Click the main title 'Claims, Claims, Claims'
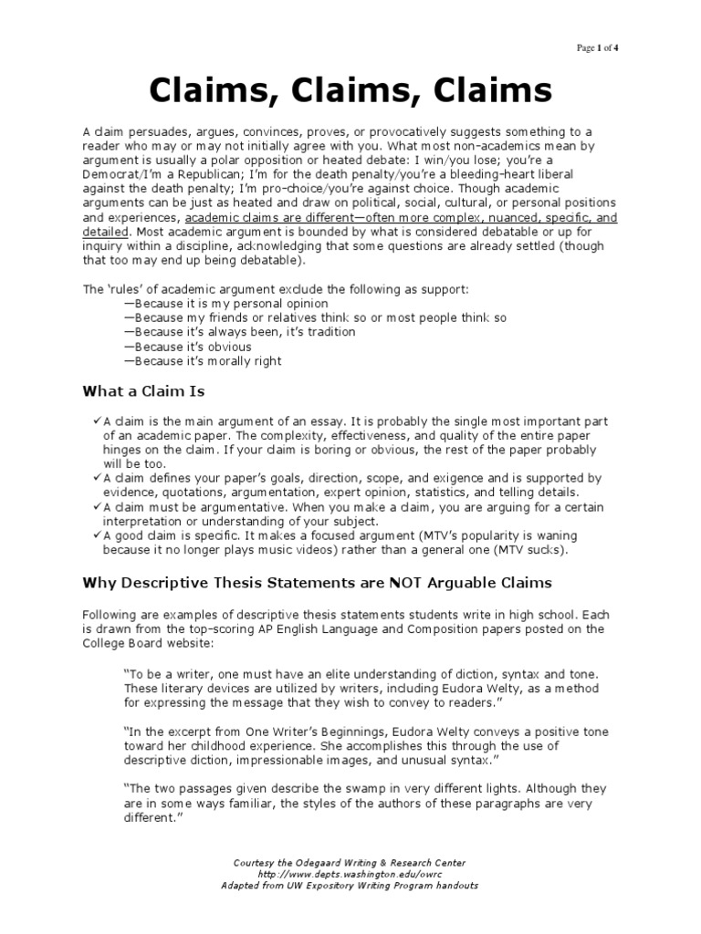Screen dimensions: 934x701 (x=350, y=91)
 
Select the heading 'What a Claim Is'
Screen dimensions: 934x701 (x=144, y=391)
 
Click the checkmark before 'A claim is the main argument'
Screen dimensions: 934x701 (x=97, y=420)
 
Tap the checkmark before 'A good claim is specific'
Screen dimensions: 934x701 (x=97, y=535)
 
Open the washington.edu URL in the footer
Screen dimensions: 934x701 (x=350, y=874)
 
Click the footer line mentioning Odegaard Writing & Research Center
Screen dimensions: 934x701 (x=350, y=862)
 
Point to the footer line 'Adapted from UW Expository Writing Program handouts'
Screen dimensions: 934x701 (x=350, y=886)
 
